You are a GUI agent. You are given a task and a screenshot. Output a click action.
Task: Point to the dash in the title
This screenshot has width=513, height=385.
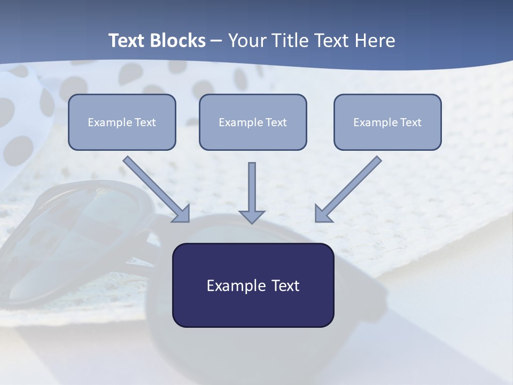coord(216,41)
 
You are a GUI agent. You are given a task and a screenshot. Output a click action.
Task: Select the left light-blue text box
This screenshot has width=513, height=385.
coord(122,122)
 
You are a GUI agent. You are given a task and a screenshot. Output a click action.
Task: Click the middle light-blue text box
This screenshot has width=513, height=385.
coord(253,122)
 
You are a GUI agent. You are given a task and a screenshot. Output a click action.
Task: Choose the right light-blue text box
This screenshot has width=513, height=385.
coord(387,122)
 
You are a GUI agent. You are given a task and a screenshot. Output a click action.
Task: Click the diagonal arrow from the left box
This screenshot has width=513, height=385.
coord(157,189)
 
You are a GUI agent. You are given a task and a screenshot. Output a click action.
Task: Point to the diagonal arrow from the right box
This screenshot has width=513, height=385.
coord(348,189)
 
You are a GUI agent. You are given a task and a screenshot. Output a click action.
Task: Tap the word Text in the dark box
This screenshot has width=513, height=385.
coord(285,286)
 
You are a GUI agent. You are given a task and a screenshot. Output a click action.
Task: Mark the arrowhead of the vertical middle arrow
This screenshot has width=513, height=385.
coord(252,216)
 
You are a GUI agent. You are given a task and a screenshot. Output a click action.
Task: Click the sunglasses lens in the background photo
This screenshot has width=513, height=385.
coord(80,241)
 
